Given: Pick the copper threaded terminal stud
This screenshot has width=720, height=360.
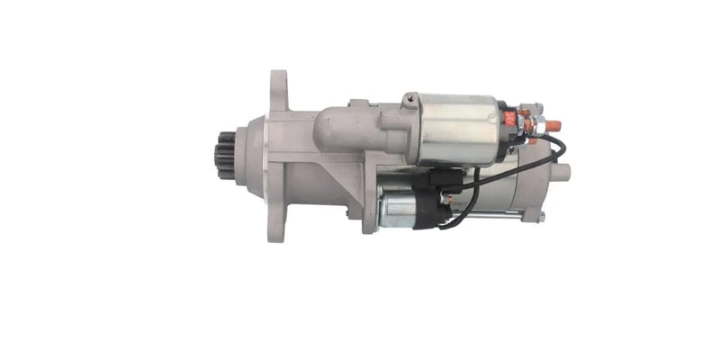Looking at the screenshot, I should click(x=553, y=125).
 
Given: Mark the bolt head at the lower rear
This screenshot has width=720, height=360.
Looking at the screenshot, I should click(x=541, y=217).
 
